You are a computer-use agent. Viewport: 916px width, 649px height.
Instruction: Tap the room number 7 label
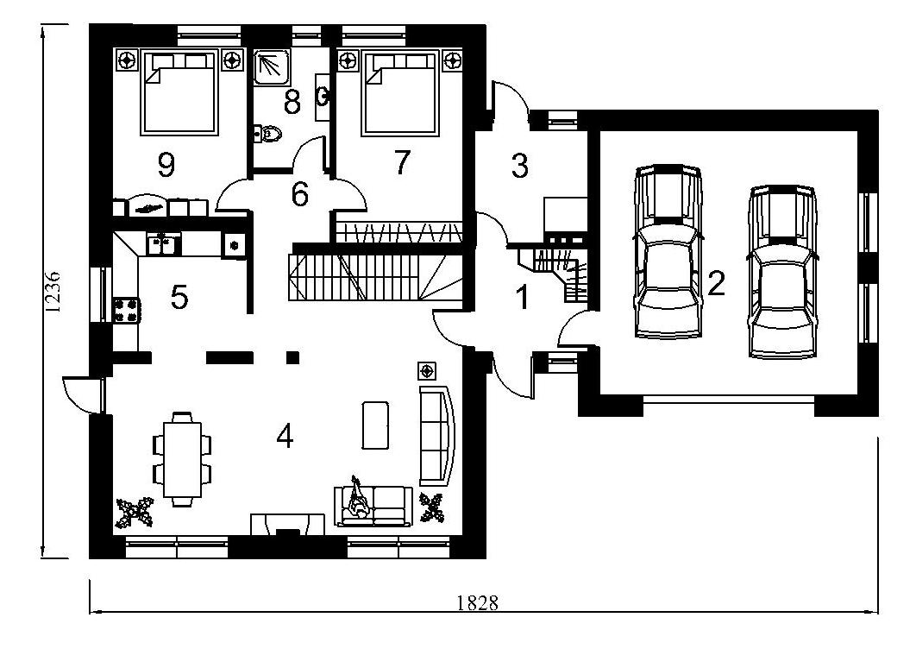pos(402,162)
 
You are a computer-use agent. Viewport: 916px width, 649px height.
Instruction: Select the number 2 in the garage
pos(716,283)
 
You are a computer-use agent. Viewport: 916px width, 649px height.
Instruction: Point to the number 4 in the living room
pos(285,436)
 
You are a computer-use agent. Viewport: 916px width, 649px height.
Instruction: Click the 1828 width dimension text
pos(477,602)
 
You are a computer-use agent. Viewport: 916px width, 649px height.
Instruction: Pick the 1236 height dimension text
pos(53,292)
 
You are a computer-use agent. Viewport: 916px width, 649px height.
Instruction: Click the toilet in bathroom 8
pos(267,134)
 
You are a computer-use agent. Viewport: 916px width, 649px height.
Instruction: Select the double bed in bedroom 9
pos(180,92)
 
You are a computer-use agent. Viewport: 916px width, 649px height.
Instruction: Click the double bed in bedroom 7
pos(400,93)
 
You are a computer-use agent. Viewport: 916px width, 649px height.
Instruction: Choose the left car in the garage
pos(668,251)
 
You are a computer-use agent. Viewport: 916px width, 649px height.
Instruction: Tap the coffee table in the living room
pos(375,425)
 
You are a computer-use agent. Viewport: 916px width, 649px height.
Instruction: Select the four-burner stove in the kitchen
pos(126,310)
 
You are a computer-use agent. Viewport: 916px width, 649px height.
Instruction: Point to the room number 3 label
pos(519,166)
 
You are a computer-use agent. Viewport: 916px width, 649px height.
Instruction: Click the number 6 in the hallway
pos(299,194)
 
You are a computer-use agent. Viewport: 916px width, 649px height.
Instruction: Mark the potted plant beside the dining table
pos(135,512)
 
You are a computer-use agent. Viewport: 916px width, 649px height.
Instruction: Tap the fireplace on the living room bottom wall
pos(287,525)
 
